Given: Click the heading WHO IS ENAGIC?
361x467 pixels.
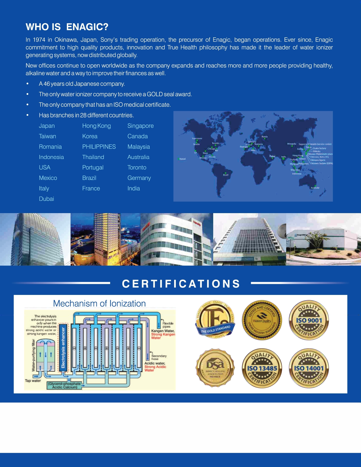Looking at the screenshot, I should (x=67, y=27).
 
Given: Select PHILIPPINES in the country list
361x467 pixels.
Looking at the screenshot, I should (x=99, y=147).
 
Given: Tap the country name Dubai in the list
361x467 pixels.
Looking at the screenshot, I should (x=46, y=199).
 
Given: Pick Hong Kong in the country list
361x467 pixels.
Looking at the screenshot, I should (x=96, y=126).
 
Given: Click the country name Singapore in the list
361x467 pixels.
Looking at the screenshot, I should (x=140, y=126).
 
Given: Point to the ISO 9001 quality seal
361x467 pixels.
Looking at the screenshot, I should (x=309, y=320).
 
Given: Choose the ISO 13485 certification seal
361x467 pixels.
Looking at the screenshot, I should (x=262, y=368).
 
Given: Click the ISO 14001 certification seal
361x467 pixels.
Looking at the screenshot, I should (x=309, y=368).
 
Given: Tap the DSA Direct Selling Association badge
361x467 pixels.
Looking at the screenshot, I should (x=215, y=368).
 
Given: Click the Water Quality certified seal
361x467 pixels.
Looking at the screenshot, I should (x=262, y=320).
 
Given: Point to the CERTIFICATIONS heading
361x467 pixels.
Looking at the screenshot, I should (x=181, y=284).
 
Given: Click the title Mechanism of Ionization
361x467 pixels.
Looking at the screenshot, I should (x=99, y=303).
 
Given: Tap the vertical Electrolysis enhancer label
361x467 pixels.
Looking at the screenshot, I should (x=63, y=348).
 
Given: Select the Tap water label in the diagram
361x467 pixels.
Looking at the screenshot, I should (x=33, y=381).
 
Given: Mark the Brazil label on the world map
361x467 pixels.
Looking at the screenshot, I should (x=226, y=175).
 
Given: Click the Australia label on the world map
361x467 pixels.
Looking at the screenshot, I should (x=315, y=188).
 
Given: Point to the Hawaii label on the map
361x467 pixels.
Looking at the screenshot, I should (x=183, y=159).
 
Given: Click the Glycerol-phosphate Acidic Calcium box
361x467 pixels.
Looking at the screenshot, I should (x=65, y=385).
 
